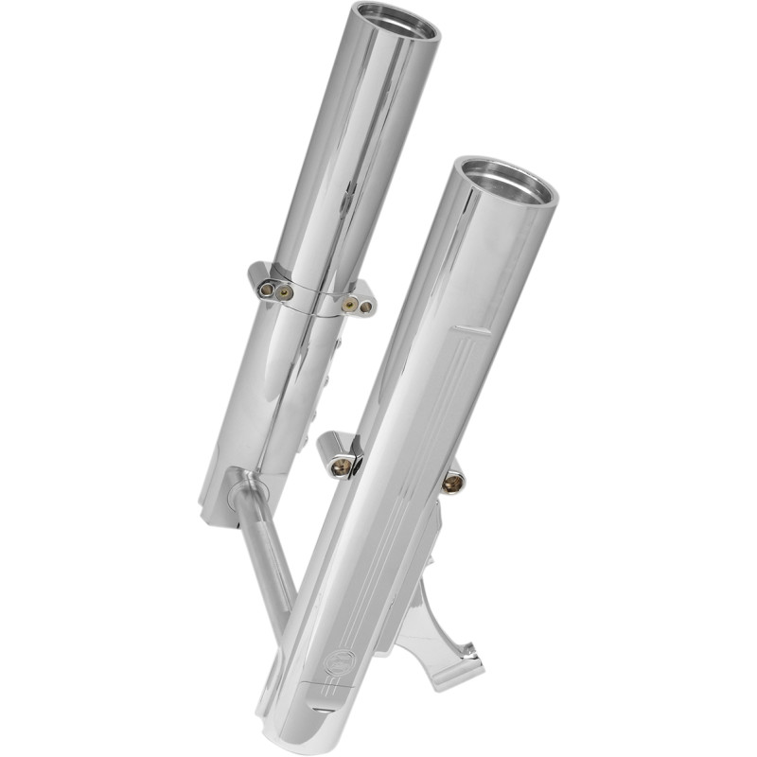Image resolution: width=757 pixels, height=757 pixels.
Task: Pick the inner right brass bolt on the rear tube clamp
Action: click(x=351, y=304)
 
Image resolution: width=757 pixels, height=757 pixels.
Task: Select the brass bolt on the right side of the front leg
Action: click(x=453, y=483)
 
